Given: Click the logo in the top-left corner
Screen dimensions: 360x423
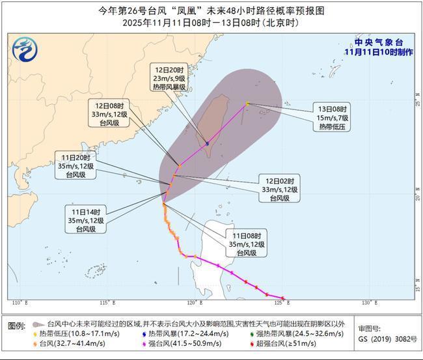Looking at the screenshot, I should point(24,49).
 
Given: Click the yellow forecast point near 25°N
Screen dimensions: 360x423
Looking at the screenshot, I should point(247,104).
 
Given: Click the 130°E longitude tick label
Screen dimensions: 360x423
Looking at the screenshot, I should point(368,303).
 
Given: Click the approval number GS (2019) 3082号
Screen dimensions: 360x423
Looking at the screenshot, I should point(385,339).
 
